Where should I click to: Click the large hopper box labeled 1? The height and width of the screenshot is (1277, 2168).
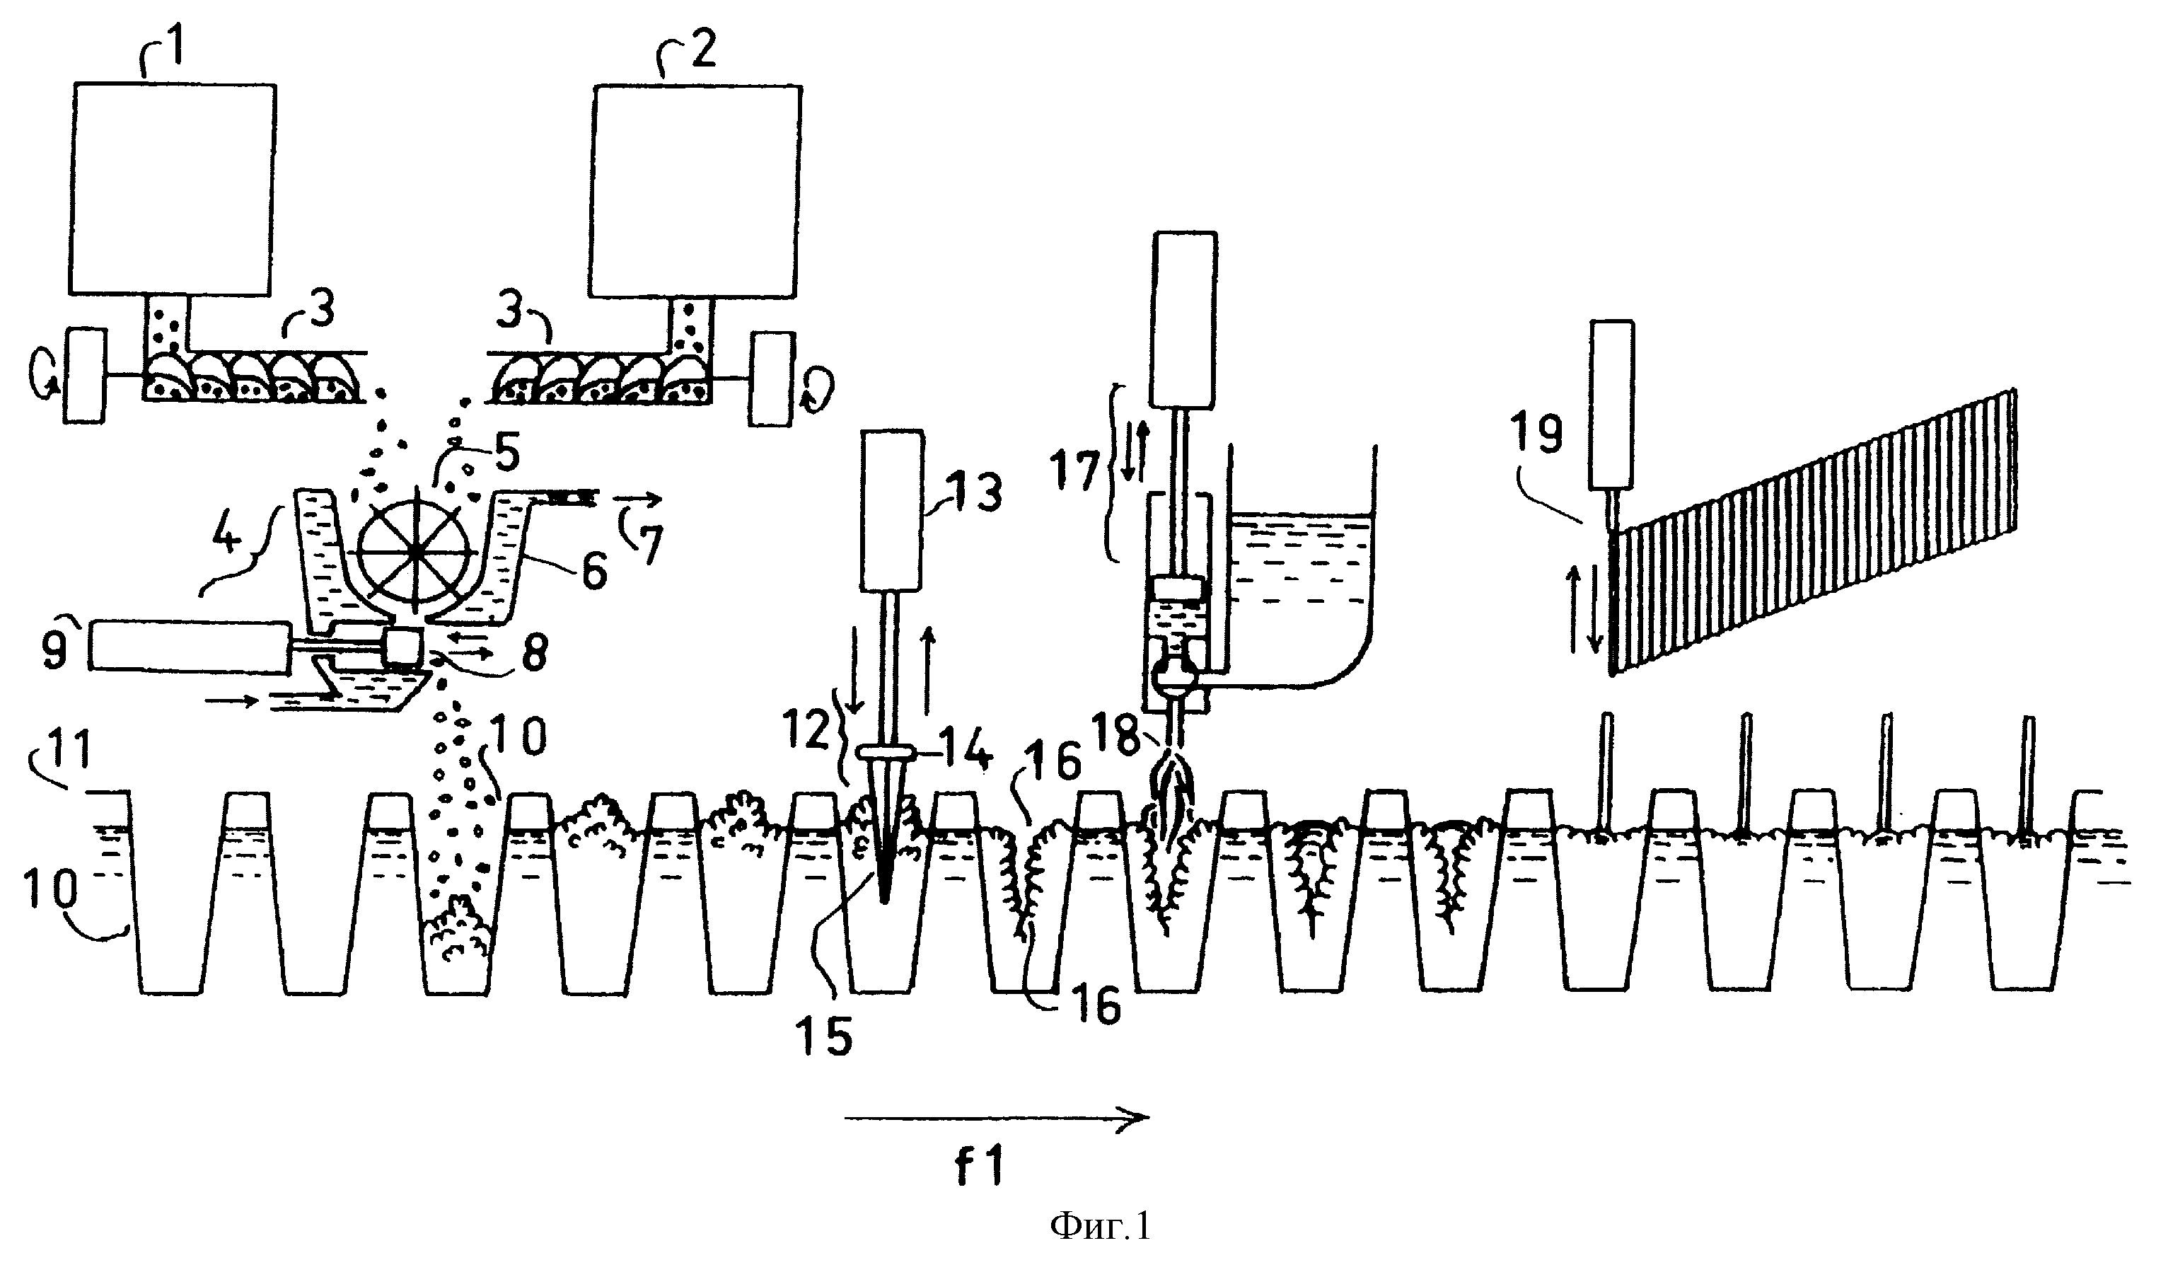click(173, 188)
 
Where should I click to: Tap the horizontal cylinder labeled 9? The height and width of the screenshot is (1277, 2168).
click(190, 645)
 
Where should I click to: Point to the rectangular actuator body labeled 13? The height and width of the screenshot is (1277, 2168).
click(892, 510)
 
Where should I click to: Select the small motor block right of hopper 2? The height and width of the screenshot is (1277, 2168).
click(770, 379)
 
